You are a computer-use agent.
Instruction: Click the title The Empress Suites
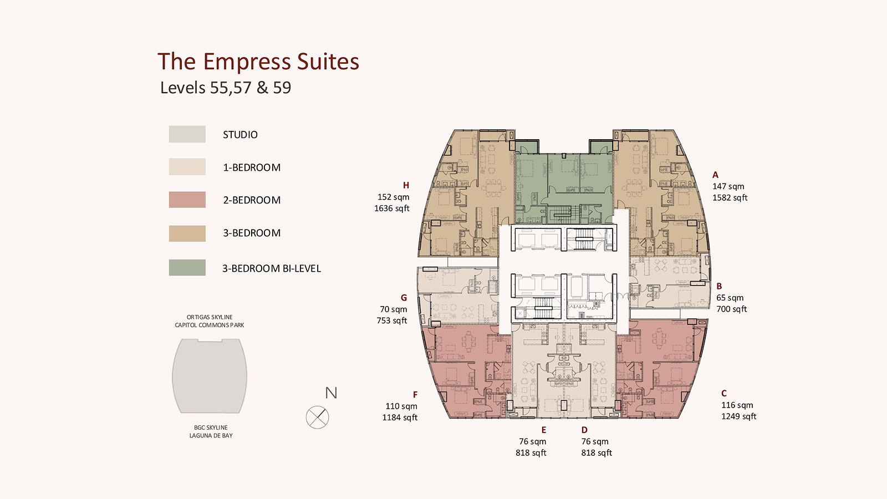point(258,62)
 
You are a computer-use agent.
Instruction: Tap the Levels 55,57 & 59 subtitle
point(225,88)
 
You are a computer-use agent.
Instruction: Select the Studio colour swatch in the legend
point(187,134)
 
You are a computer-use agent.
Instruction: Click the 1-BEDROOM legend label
point(252,167)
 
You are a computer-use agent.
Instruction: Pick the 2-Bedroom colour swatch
point(187,200)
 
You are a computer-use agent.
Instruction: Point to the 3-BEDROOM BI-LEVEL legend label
point(272,268)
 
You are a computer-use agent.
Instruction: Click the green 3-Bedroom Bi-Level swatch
point(187,267)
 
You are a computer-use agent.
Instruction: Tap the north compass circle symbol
point(317,417)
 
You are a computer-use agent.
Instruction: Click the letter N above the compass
point(331,393)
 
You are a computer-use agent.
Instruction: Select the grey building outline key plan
point(210,376)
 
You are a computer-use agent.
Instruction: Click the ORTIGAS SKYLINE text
point(210,317)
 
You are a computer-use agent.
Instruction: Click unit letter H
point(406,185)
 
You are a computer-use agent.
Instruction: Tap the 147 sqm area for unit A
point(728,186)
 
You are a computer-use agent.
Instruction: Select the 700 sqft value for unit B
point(731,309)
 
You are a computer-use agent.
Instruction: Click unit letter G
point(404,298)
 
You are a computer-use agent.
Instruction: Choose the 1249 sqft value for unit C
point(738,416)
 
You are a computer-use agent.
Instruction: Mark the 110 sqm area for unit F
point(401,406)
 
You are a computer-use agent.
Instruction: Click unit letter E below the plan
point(544,430)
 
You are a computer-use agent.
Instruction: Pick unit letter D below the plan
point(584,430)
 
